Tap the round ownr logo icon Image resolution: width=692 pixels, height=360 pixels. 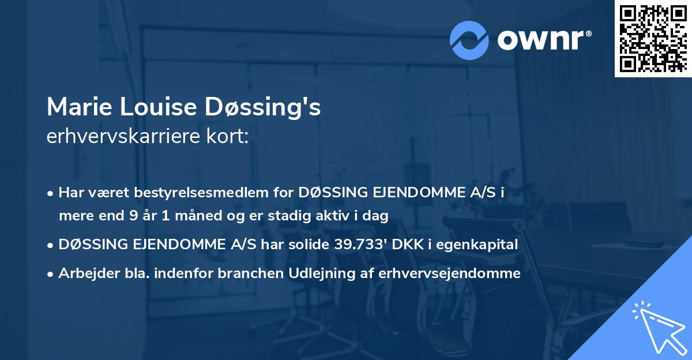[x=469, y=40]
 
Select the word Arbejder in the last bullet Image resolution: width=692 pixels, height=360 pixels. [x=86, y=273]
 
